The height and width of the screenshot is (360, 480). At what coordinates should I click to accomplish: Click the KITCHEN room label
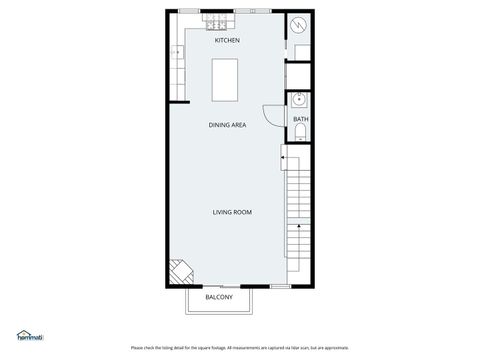227,41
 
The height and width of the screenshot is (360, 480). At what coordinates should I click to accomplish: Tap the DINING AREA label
227,125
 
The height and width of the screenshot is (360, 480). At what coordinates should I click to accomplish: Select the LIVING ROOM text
231,212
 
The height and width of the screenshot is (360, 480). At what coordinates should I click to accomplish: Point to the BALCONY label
219,298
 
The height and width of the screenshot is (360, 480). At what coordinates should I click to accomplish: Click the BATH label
300,120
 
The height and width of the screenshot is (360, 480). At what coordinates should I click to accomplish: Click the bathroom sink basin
298,99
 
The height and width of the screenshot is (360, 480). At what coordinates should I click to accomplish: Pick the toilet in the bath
300,133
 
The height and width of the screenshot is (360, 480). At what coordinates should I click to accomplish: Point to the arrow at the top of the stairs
284,157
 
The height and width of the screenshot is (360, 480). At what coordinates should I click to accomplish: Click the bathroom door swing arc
271,114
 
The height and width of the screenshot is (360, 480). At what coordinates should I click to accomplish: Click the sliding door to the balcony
220,287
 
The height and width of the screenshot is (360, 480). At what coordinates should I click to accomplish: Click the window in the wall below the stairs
280,287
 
